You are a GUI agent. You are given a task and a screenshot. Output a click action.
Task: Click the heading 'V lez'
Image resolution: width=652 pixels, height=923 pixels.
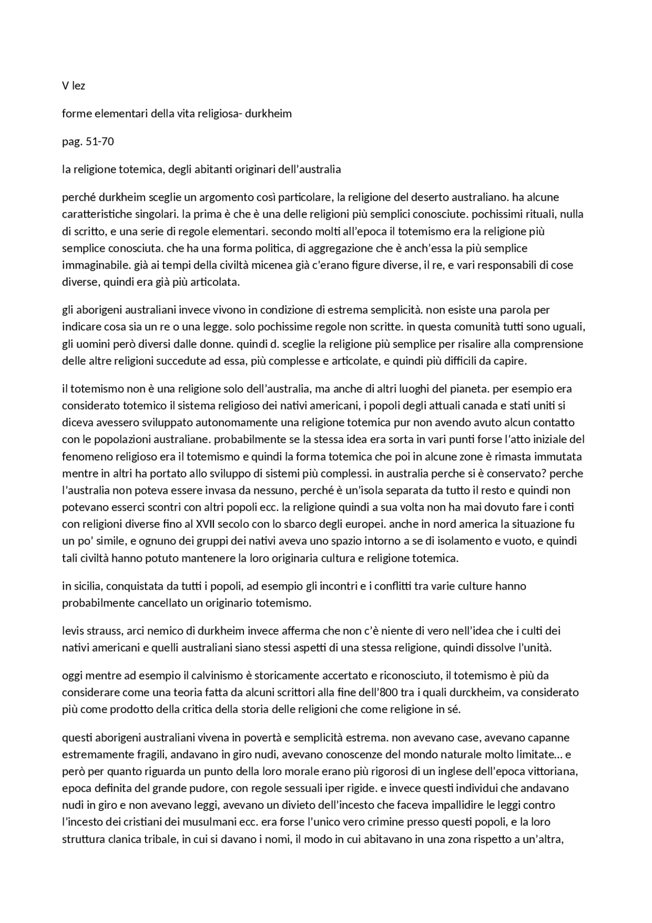(x=73, y=86)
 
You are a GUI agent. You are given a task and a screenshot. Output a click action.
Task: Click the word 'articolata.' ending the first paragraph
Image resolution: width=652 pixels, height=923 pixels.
(x=214, y=282)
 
